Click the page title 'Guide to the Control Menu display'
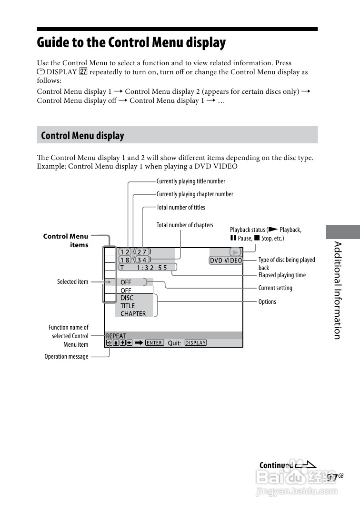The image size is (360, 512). [x=131, y=42]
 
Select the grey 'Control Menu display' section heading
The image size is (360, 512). [x=82, y=136]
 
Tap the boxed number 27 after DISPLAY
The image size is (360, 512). [x=83, y=72]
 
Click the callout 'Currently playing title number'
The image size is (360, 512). [x=191, y=181]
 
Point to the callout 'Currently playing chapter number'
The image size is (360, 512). [x=195, y=194]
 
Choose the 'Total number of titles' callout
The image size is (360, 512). [x=181, y=207]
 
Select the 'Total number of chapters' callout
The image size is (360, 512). [x=185, y=225]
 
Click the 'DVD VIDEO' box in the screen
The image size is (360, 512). [x=226, y=261]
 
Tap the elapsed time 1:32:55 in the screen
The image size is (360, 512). [x=152, y=268]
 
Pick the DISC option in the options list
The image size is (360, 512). [x=127, y=298]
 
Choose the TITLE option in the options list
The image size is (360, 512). [x=128, y=306]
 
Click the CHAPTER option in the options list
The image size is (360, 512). [x=133, y=314]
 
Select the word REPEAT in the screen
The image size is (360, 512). [x=116, y=336]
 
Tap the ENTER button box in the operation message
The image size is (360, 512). [x=154, y=343]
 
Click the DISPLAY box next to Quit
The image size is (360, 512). [x=195, y=343]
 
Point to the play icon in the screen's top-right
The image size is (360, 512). [x=235, y=252]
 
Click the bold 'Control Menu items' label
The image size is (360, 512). [x=66, y=241]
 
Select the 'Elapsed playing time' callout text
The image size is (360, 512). [x=282, y=275]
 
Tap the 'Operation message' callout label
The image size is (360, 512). [x=66, y=356]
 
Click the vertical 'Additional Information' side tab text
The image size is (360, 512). [x=337, y=290]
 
